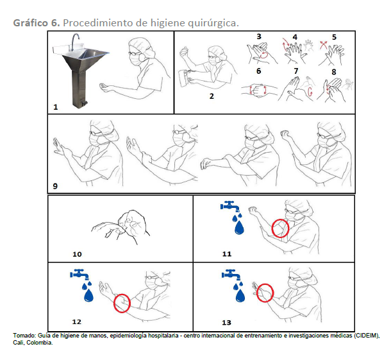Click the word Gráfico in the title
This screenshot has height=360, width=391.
click(30, 23)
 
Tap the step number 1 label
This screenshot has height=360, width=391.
click(56, 107)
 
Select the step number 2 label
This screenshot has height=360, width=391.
click(212, 96)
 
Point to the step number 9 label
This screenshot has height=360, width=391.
click(55, 186)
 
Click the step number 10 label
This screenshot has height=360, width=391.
click(77, 254)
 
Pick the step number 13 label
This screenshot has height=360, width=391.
click(226, 323)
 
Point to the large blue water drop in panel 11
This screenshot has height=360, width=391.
click(239, 228)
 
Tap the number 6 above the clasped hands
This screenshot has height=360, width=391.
click(259, 71)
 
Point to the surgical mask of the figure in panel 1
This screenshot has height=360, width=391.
click(135, 60)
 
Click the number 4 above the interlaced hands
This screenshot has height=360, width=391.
click(295, 37)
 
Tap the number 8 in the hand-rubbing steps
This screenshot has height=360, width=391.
click(334, 72)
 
